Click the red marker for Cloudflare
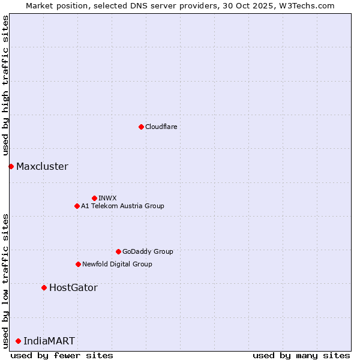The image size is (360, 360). [141, 127]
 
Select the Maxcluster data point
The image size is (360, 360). [11, 166]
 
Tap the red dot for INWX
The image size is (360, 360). [94, 198]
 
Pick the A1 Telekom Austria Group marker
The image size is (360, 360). [77, 206]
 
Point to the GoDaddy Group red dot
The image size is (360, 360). [118, 251]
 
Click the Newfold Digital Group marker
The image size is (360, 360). [78, 264]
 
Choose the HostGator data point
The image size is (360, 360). [44, 287]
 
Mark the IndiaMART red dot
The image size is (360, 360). [18, 341]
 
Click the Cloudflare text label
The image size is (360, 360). [161, 127]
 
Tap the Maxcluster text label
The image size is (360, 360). [42, 166]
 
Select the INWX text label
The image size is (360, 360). [107, 198]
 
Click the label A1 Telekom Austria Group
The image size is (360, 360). [122, 206]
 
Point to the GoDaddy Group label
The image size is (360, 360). [148, 251]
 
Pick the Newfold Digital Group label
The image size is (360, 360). [117, 264]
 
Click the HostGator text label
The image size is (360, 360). [73, 287]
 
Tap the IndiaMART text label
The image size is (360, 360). [49, 341]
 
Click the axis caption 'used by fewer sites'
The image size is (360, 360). [62, 355]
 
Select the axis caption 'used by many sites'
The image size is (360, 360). [301, 355]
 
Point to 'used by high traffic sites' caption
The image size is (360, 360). [5, 86]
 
